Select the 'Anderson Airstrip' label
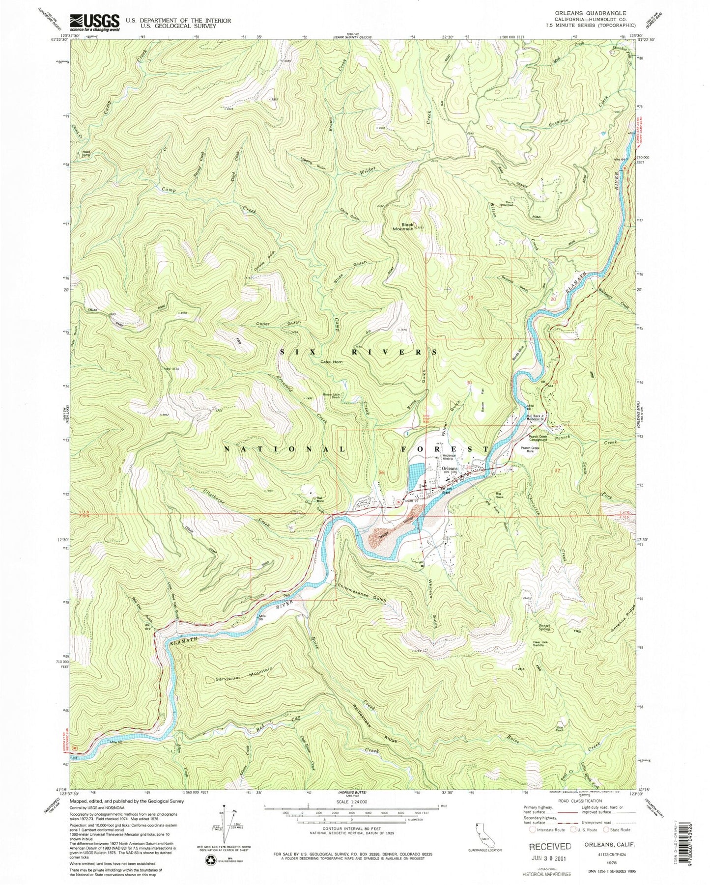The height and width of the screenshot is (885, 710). pos(450,457)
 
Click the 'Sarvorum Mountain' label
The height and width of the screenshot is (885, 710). pos(243,673)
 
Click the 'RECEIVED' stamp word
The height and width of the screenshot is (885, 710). pos(549,846)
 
